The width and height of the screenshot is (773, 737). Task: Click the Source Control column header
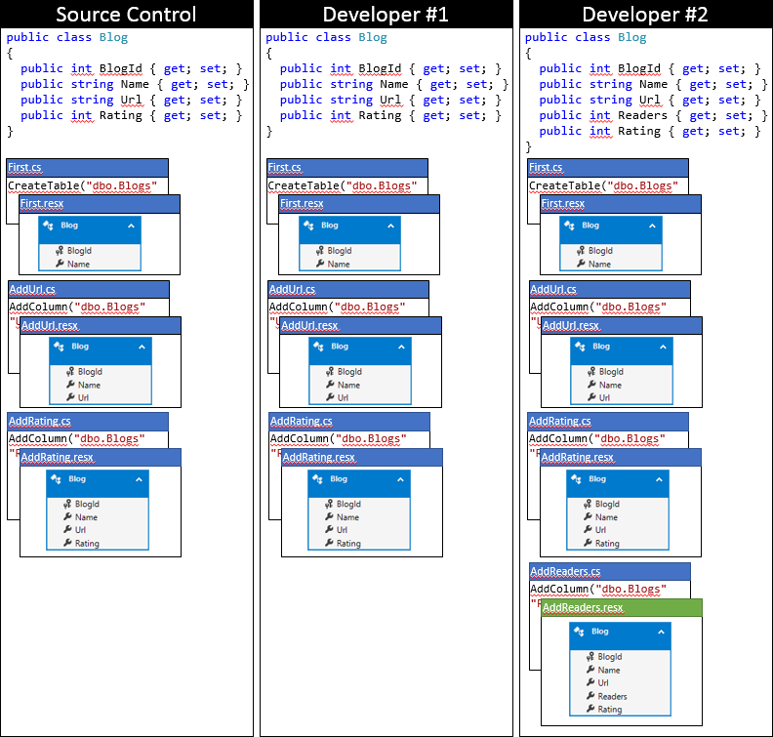coord(126,14)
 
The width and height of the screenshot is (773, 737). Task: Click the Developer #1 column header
coord(386,14)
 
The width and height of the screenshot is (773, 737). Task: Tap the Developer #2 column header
coord(645,14)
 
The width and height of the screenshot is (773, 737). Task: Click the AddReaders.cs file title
coord(565,571)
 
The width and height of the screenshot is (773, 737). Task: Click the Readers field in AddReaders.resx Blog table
coord(612,696)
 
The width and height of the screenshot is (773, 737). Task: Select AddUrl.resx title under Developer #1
coord(309,325)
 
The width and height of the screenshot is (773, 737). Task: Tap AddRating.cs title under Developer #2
coord(560,421)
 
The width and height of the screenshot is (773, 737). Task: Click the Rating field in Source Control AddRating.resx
coord(87,544)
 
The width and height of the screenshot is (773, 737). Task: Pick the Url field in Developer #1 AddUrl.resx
coord(344,397)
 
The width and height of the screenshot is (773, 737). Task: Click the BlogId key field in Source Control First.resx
coord(80,251)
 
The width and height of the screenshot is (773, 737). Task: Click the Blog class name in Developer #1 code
coord(372,37)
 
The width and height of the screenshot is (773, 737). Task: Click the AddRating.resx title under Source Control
coord(58,457)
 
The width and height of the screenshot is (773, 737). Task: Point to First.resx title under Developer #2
coord(563,203)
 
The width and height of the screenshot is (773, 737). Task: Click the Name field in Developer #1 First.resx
coord(339,264)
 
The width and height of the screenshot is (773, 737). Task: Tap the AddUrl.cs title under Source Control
coord(32,289)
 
